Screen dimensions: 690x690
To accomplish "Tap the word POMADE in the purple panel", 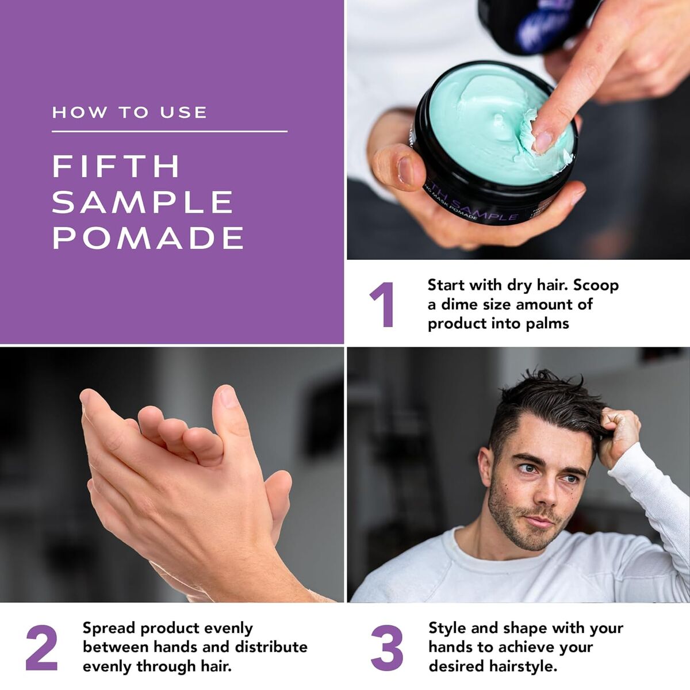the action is [148, 237].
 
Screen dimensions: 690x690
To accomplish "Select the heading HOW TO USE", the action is [129, 113].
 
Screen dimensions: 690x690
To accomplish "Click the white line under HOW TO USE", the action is [170, 132].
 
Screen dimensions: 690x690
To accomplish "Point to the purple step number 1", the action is [382, 305].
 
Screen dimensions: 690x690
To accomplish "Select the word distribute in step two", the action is [271, 647].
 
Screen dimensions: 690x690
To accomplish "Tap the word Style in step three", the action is [447, 628].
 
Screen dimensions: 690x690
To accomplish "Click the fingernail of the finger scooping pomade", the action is [543, 141].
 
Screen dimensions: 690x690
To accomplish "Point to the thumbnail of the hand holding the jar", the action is [406, 171].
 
